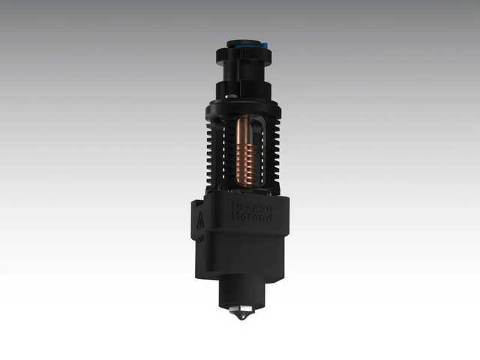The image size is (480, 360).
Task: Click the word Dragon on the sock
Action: (x=252, y=205)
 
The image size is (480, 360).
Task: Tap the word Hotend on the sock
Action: (x=253, y=217)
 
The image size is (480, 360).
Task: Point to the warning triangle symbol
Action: (x=200, y=220)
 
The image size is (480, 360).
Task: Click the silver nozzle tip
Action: (x=240, y=313)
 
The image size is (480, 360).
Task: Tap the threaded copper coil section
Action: (x=245, y=165)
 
